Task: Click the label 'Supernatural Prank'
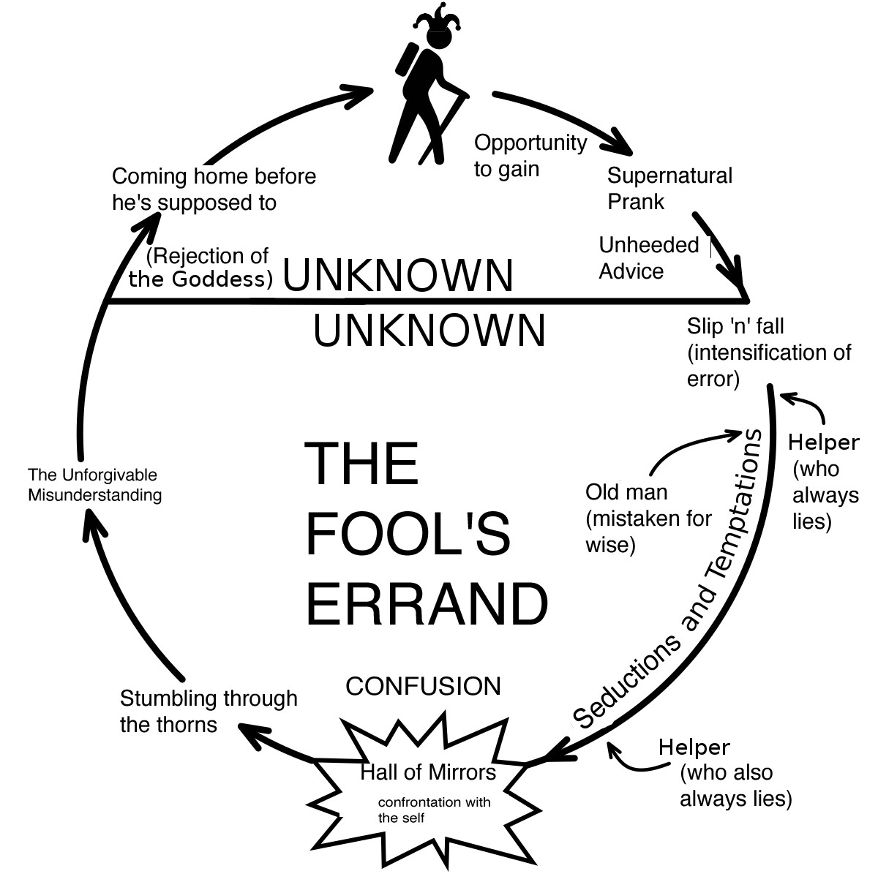point(669,189)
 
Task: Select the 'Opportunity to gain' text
point(530,155)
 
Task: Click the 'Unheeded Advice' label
point(648,257)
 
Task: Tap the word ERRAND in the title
point(426,603)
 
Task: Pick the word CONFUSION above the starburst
point(423,686)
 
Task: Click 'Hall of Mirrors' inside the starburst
point(428,772)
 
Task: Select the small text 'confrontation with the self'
point(433,810)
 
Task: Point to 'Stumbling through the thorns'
point(208,711)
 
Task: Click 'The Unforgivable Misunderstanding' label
point(94,485)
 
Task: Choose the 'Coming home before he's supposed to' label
point(213,189)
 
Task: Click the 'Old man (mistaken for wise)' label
point(648,518)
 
